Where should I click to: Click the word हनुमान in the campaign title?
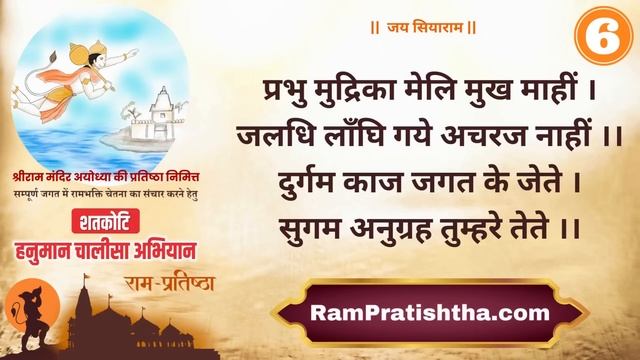[71, 245]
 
